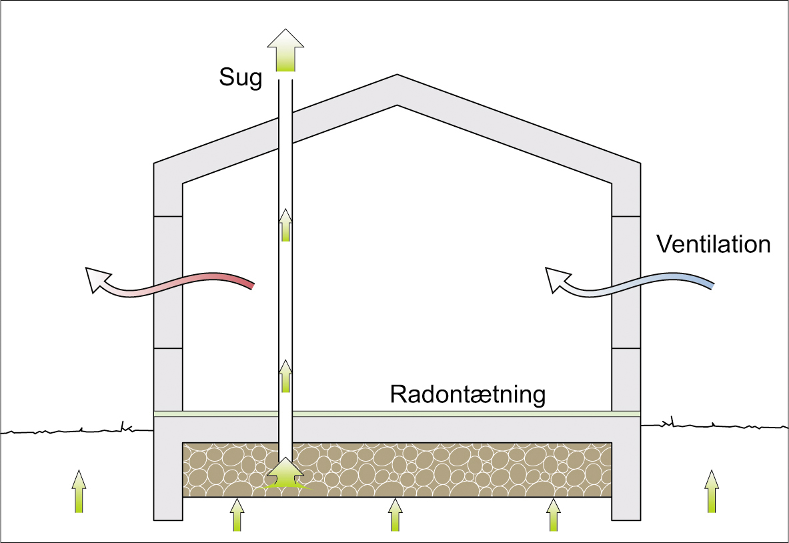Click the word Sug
pyautogui.click(x=240, y=78)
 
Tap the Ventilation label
pyautogui.click(x=713, y=244)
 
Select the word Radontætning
pyautogui.click(x=468, y=394)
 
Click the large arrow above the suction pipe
pyautogui.click(x=285, y=50)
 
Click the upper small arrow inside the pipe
pyautogui.click(x=285, y=225)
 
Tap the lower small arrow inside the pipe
pyautogui.click(x=285, y=376)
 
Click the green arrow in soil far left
pyautogui.click(x=79, y=491)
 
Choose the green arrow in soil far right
pyautogui.click(x=712, y=491)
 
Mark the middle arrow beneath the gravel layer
pyautogui.click(x=395, y=514)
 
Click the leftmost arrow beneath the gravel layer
pyautogui.click(x=237, y=514)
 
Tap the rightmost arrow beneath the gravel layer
pyautogui.click(x=552, y=514)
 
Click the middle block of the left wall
pyautogui.click(x=168, y=282)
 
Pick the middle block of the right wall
pyautogui.click(x=626, y=282)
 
